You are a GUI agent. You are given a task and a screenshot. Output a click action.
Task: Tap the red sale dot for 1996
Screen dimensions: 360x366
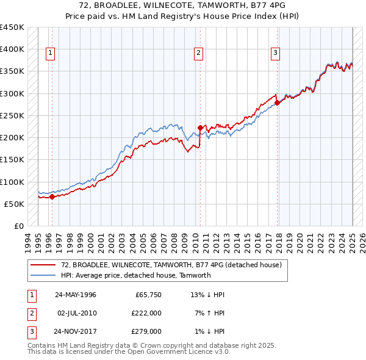point(52,196)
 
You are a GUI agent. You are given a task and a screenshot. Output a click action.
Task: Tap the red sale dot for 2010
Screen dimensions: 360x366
point(200,128)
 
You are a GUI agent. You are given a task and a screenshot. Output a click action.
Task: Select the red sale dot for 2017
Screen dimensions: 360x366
point(278,103)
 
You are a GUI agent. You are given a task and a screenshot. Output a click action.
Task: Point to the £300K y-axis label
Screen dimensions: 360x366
point(12,93)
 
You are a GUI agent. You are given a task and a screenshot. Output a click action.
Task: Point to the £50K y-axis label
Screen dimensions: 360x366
point(14,204)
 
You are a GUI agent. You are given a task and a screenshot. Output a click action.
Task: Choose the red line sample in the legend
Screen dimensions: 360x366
point(43,265)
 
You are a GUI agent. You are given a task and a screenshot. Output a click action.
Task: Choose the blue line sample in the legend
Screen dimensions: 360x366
point(43,275)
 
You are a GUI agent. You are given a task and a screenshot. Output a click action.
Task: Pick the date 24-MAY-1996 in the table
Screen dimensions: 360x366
point(76,295)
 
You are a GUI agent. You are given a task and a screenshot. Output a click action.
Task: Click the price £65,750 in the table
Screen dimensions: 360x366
point(146,295)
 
